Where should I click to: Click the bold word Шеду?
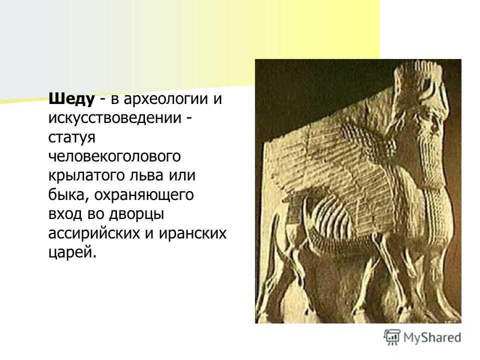(71, 99)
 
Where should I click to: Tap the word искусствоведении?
(115, 118)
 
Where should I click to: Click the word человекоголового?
(114, 156)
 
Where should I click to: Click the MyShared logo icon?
(392, 337)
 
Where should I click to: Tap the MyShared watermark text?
(432, 337)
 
